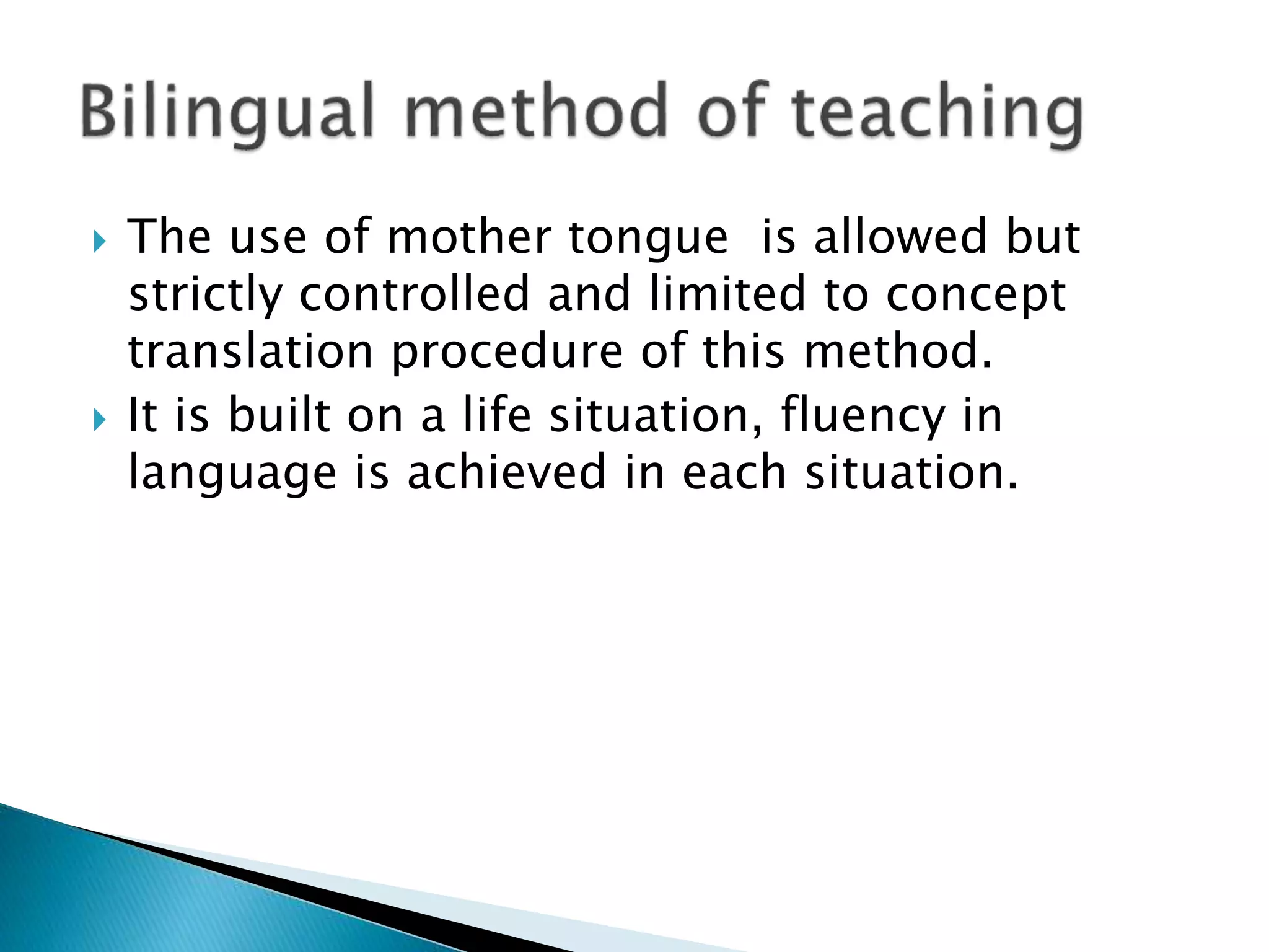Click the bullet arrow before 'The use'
coord(100,240)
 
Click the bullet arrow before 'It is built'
coord(100,420)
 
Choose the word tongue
coord(648,239)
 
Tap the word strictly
coord(205,295)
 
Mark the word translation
coord(251,351)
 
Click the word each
coord(734,472)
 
